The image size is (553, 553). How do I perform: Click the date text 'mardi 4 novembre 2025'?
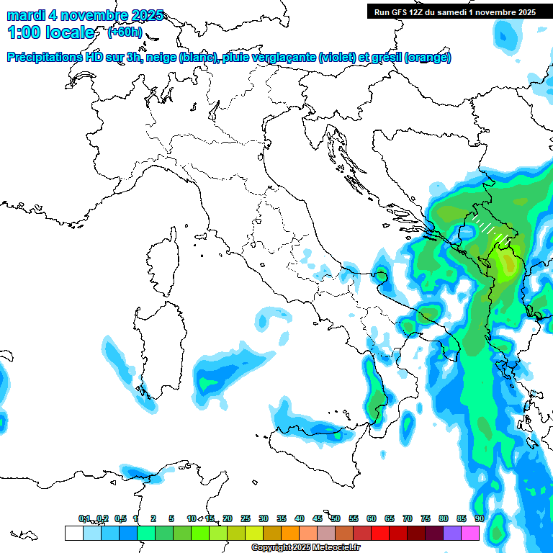point(85,15)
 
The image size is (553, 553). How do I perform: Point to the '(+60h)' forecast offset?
point(125,32)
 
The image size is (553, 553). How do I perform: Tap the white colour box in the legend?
point(73,533)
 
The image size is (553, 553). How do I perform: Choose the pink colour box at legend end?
point(470,533)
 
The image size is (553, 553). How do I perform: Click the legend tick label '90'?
point(479,518)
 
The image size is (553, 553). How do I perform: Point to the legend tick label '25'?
point(246,518)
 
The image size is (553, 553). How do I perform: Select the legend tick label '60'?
point(372,518)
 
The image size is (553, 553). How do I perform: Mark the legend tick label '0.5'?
point(120,518)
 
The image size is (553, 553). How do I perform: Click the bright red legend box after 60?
point(380,533)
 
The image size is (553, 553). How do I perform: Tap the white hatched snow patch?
point(491,226)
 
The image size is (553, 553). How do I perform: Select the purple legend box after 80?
point(452,533)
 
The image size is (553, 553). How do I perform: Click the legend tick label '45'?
point(318,518)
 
